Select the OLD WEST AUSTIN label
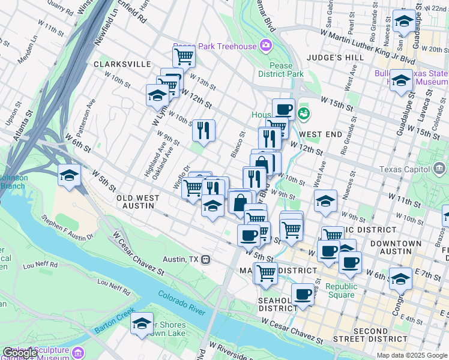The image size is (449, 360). [137, 202]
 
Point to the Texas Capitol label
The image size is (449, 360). [427, 169]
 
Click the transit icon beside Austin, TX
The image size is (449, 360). [205, 259]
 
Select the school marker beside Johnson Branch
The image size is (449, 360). [70, 176]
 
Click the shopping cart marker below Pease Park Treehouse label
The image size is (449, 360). [184, 57]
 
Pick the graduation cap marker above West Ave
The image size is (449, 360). [325, 202]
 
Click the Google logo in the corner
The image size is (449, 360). [20, 353]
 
